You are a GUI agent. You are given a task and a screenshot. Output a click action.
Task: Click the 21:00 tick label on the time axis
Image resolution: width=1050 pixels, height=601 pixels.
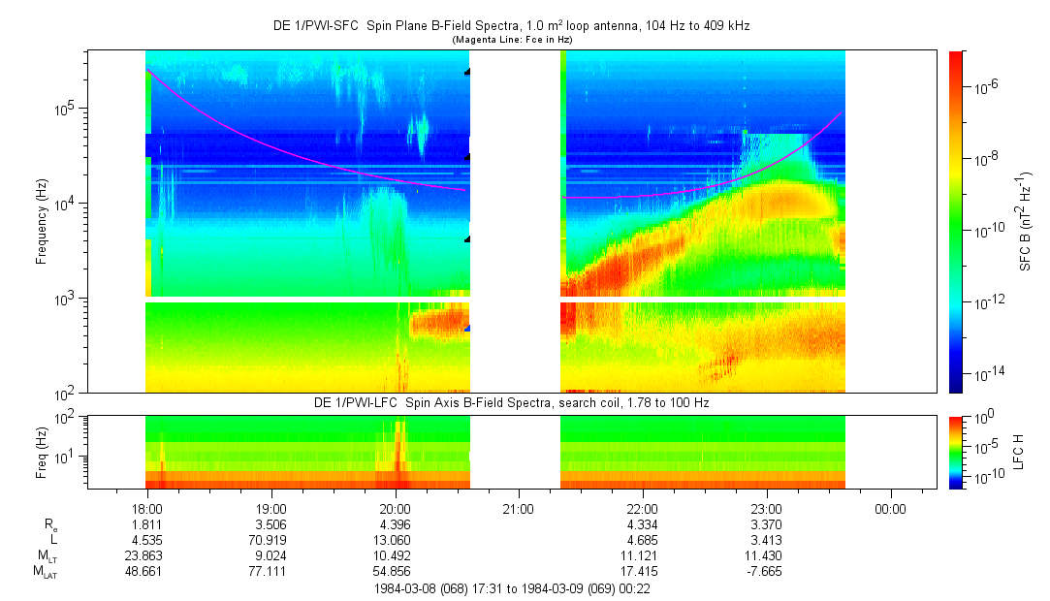coord(519,509)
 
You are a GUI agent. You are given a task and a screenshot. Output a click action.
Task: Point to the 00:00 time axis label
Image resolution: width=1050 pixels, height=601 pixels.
coord(890,509)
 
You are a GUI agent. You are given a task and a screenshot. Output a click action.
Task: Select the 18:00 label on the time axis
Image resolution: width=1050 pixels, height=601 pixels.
coord(147,509)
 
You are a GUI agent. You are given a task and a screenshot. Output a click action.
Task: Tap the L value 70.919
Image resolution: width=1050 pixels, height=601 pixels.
coord(270,540)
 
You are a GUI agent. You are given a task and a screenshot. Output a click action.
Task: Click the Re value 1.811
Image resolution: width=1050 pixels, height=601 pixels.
coord(147,524)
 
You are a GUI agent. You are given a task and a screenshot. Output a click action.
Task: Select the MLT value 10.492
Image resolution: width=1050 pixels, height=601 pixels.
coord(395,555)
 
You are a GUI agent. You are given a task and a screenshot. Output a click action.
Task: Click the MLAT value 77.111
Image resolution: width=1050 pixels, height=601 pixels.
coord(270,572)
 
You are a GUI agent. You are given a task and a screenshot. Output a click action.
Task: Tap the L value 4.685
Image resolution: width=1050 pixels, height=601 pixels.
coord(642,540)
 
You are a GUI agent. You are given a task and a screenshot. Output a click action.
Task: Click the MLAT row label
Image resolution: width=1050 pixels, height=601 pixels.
coord(46,572)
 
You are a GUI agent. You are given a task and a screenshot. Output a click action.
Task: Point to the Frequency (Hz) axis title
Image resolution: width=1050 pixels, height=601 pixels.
coord(42,222)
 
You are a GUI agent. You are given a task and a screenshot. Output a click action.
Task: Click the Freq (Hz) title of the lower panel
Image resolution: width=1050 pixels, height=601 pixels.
coord(42,452)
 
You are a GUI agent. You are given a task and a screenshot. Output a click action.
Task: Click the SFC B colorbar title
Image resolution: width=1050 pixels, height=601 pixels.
coord(1025,222)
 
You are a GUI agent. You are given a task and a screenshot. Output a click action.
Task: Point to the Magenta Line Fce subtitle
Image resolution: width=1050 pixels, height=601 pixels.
coord(512,40)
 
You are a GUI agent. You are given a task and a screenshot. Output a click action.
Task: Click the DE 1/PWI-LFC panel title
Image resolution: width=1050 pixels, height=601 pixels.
coord(512,403)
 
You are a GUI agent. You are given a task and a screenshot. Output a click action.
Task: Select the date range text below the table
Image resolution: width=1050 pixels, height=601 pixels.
coord(512,589)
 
